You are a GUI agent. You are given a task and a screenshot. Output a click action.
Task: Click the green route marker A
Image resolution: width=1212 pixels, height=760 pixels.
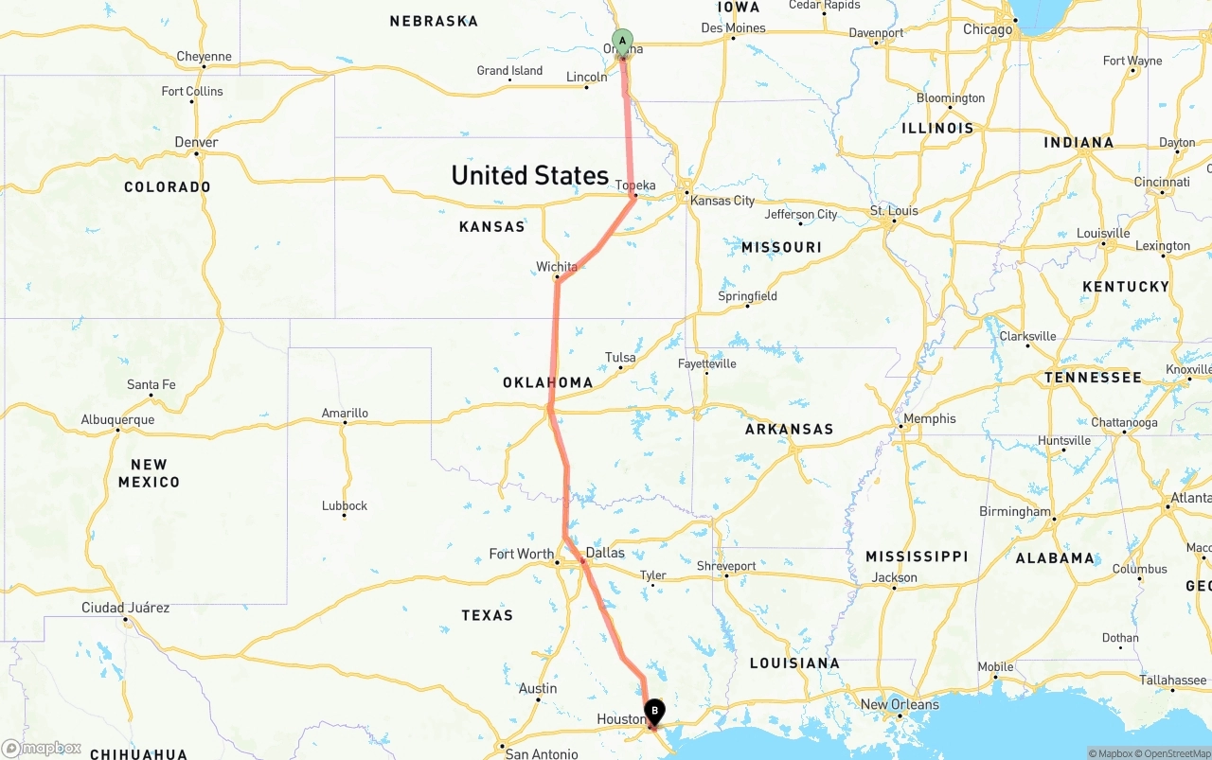coord(622,41)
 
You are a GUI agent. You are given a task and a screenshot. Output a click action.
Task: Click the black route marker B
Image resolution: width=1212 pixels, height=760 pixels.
coord(654,711)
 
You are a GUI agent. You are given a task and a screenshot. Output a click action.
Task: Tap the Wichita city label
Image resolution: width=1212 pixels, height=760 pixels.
coord(557,267)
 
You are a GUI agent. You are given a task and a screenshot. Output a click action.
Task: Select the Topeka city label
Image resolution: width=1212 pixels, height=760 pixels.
coord(635,186)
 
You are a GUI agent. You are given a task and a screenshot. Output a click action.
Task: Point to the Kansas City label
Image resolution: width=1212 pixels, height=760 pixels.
coord(722,201)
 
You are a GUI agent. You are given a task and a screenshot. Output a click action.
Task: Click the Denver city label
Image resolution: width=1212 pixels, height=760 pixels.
coord(196,143)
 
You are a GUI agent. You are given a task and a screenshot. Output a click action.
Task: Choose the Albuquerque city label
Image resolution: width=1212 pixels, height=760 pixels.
coord(117,419)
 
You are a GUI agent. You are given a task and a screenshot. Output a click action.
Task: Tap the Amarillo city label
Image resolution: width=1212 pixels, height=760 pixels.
coord(345,413)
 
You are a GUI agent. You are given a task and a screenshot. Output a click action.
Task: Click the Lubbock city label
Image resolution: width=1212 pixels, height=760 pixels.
coord(345,505)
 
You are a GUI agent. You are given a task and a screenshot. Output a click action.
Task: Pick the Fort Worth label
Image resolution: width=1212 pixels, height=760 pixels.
coord(521,554)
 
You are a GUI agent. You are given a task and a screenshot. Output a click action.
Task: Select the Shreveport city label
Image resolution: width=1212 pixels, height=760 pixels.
coord(726,566)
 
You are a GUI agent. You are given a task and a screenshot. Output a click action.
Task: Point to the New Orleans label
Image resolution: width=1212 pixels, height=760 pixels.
coord(900,704)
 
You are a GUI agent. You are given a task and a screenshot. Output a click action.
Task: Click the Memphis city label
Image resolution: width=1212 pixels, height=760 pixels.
coord(930,418)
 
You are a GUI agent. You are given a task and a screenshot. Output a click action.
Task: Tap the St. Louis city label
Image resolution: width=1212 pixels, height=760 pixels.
coord(894,210)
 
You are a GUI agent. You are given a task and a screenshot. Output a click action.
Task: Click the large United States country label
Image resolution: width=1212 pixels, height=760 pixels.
coord(529,175)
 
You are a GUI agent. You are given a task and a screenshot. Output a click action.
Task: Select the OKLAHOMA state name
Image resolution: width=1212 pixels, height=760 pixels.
coord(547,382)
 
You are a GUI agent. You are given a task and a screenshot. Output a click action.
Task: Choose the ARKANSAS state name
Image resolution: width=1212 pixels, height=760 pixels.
coord(789,429)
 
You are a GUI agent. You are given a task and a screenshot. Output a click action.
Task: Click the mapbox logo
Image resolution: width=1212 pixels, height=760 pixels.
coord(42,748)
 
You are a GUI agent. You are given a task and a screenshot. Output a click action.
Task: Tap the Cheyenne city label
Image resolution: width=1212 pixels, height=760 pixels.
coord(204,57)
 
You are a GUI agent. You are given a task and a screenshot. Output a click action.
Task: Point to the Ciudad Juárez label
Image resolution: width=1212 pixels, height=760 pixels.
coord(125,608)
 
